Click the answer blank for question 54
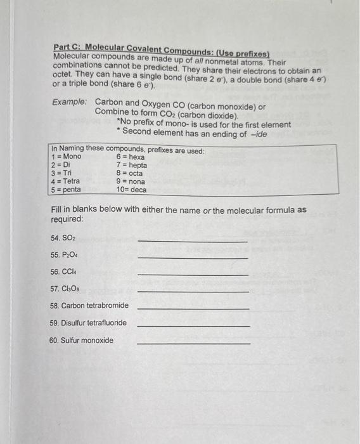click(192, 240)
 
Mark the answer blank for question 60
click(193, 343)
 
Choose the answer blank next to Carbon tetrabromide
click(193, 308)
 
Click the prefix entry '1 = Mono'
click(67, 157)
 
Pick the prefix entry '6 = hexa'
click(131, 157)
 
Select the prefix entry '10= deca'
click(131, 190)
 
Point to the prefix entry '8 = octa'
click(129, 173)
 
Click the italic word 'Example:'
click(70, 102)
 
